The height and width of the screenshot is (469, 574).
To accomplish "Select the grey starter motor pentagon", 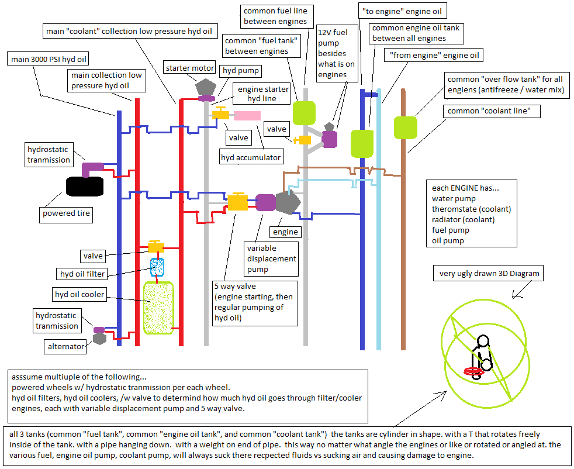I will coord(206,87).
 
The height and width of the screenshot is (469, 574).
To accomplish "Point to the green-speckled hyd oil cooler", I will coord(158,308).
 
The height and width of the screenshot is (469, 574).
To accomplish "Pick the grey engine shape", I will coord(287,203).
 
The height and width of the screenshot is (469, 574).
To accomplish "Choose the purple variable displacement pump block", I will coord(265,202).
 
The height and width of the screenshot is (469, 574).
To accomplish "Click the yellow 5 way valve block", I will coord(237,202).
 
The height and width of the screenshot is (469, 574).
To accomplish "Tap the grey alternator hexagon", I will coord(99,338).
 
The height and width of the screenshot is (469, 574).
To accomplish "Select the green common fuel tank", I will coord(304,113).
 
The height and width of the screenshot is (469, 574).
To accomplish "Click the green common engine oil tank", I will coord(362,143).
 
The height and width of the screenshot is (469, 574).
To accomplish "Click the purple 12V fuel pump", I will coord(330,139).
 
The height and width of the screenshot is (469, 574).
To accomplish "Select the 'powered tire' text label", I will coord(67,213).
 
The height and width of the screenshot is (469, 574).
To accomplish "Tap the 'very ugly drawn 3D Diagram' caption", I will coord(489,274).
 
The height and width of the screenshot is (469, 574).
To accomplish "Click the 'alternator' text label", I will coord(67,347).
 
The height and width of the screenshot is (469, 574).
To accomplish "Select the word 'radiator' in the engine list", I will coord(448,219).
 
